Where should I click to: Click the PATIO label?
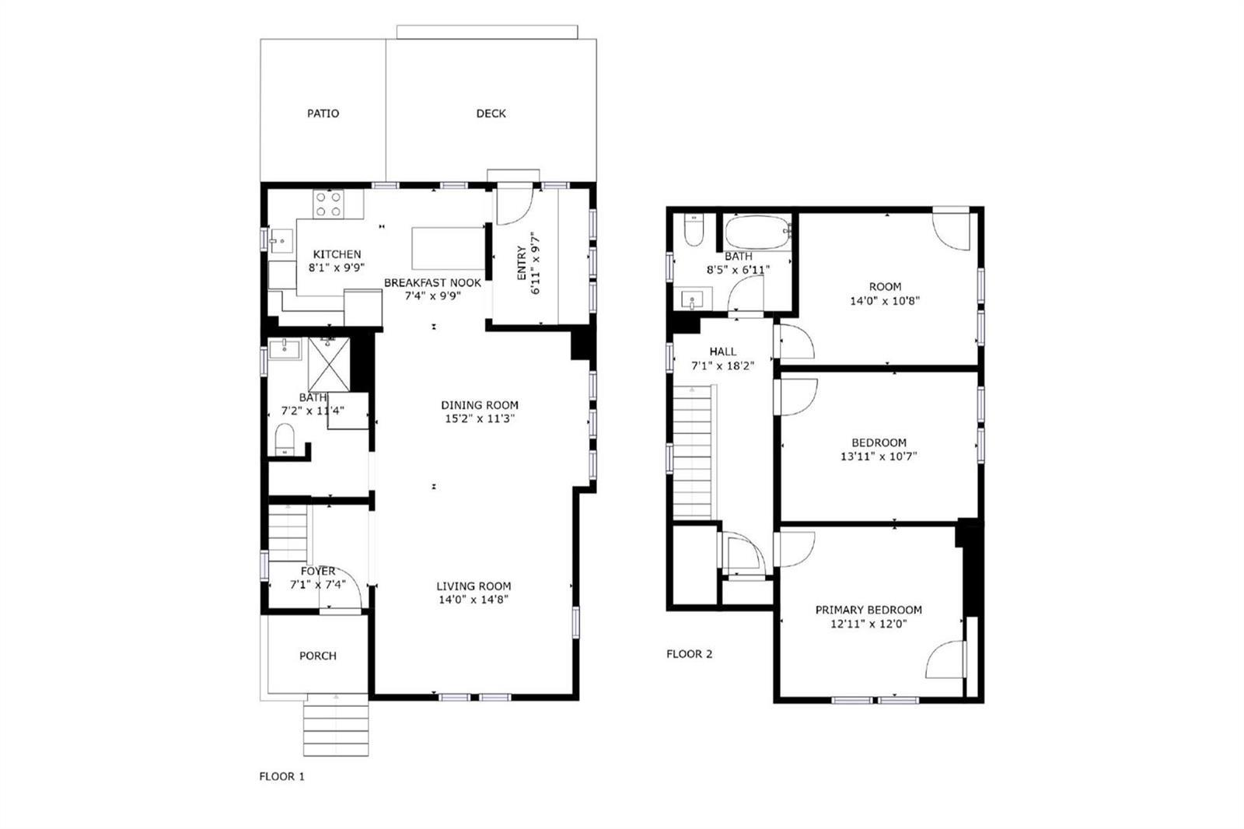(323, 114)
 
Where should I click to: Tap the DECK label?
(491, 114)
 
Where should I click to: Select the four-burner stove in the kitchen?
(327, 204)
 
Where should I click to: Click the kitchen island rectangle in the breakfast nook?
(448, 248)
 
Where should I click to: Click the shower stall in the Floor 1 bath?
(329, 365)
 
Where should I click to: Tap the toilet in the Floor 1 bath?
(285, 439)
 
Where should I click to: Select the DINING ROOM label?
(480, 405)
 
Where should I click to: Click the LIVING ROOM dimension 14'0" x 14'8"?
(473, 600)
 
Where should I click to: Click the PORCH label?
(318, 656)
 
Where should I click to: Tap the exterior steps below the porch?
(336, 725)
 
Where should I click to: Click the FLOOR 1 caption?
(282, 776)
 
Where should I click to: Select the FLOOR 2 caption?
(689, 654)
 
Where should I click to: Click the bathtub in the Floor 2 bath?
(758, 233)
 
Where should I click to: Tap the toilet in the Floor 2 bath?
(694, 230)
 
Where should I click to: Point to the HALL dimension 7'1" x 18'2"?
(722, 366)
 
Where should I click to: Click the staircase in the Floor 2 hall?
(693, 453)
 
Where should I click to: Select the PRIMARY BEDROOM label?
(868, 610)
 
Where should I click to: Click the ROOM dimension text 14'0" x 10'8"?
(885, 301)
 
